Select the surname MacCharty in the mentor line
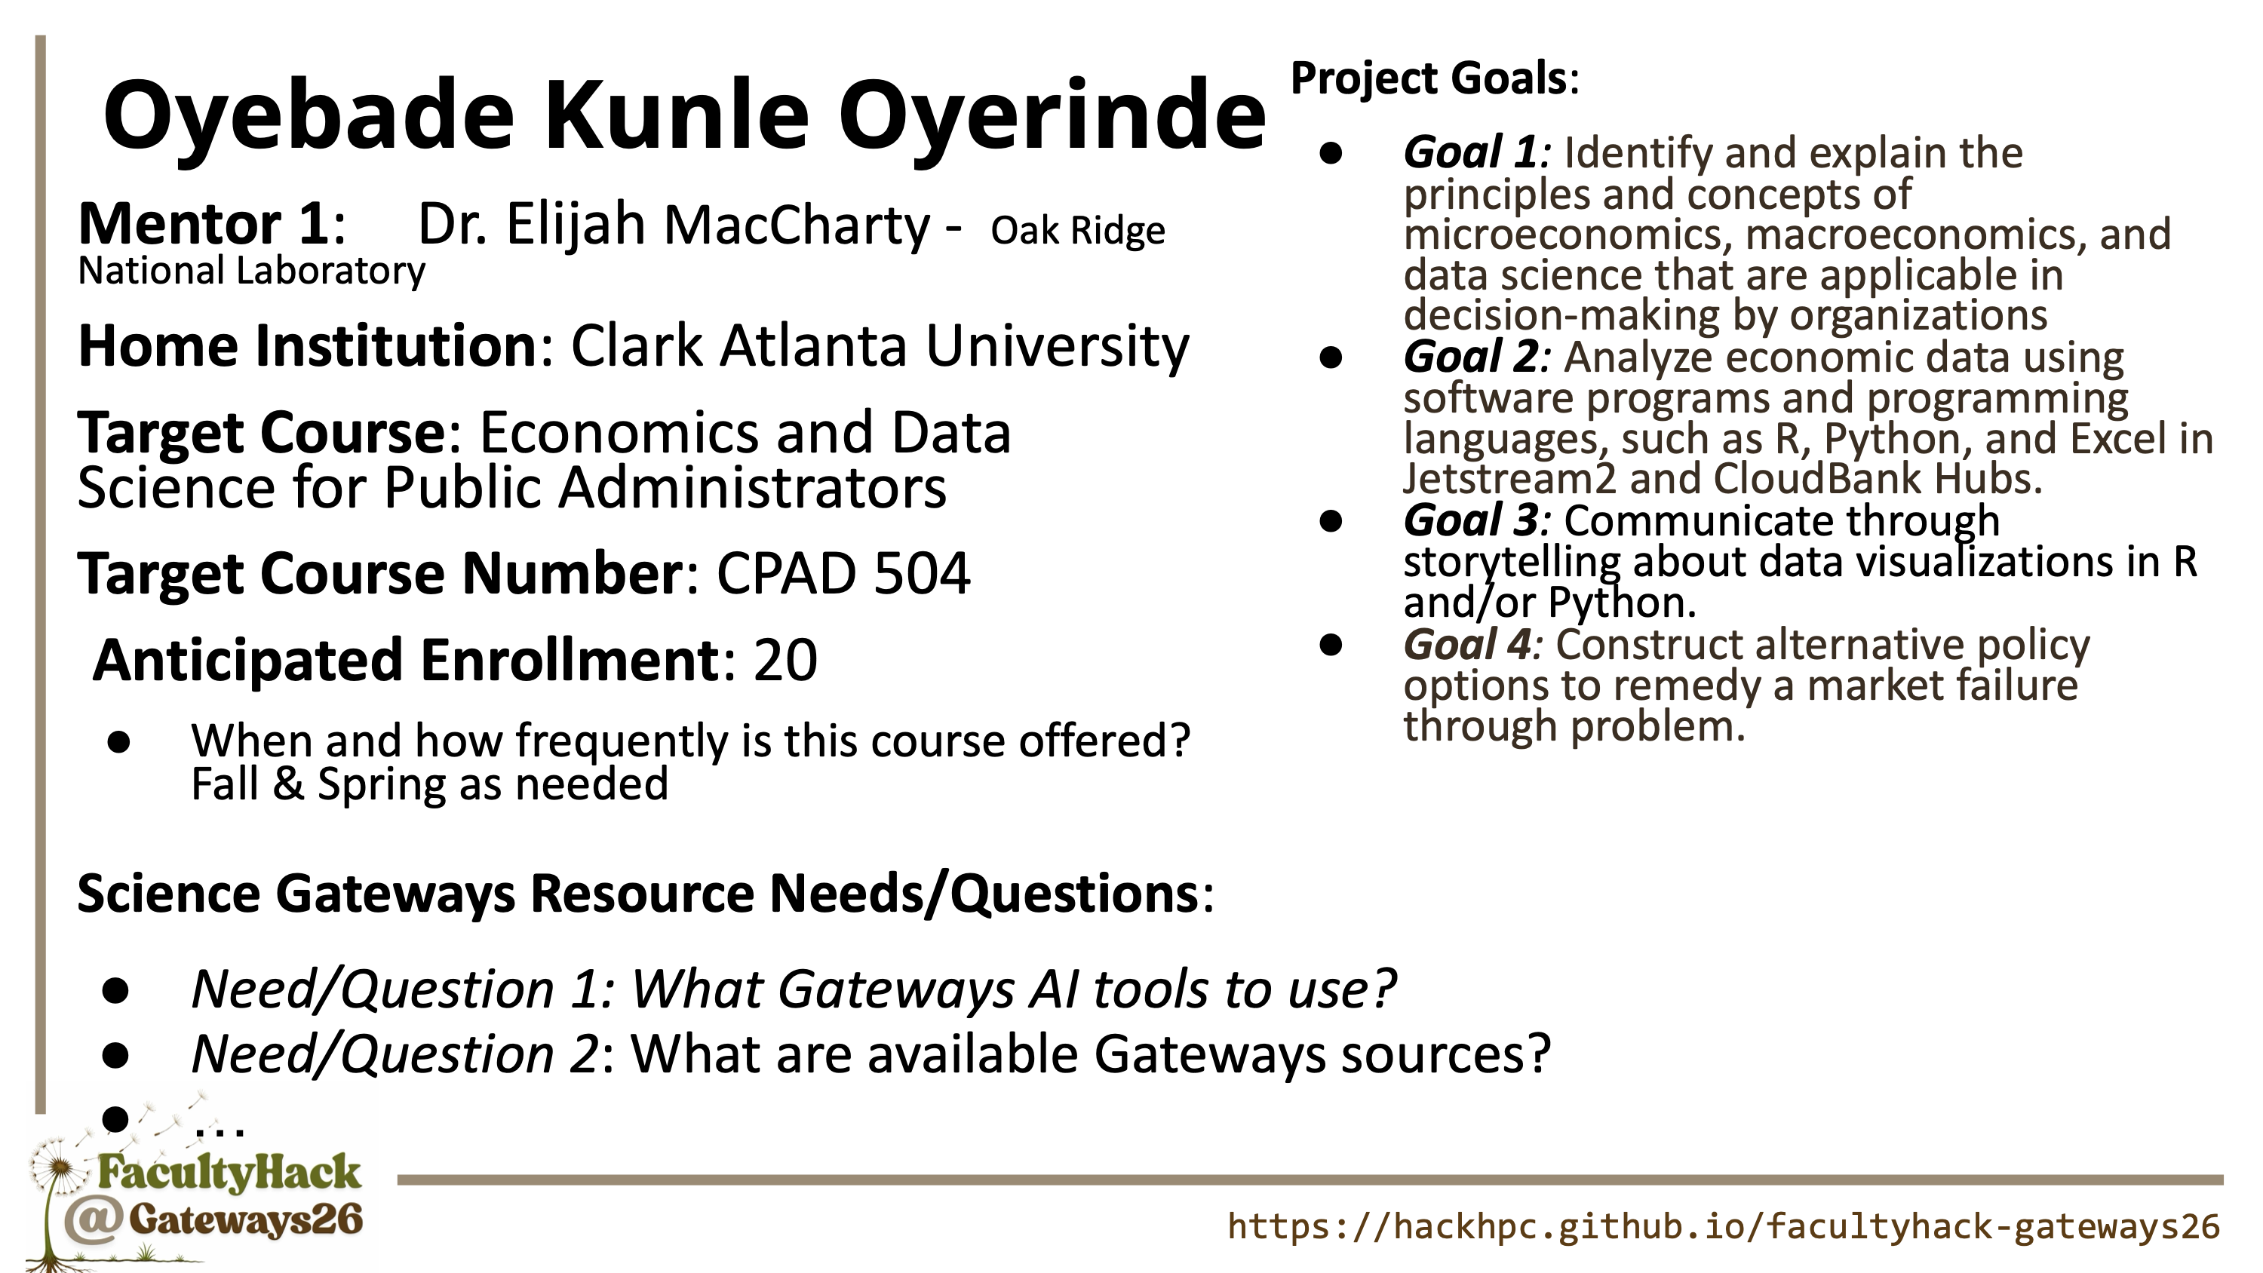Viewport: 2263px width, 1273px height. click(797, 224)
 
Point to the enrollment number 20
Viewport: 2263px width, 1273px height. click(785, 660)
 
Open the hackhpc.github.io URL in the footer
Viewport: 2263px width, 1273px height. click(1724, 1226)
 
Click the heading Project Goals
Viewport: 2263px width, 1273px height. click(1429, 78)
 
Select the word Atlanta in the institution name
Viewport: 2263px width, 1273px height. click(812, 346)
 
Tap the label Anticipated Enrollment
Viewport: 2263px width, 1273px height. click(406, 660)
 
